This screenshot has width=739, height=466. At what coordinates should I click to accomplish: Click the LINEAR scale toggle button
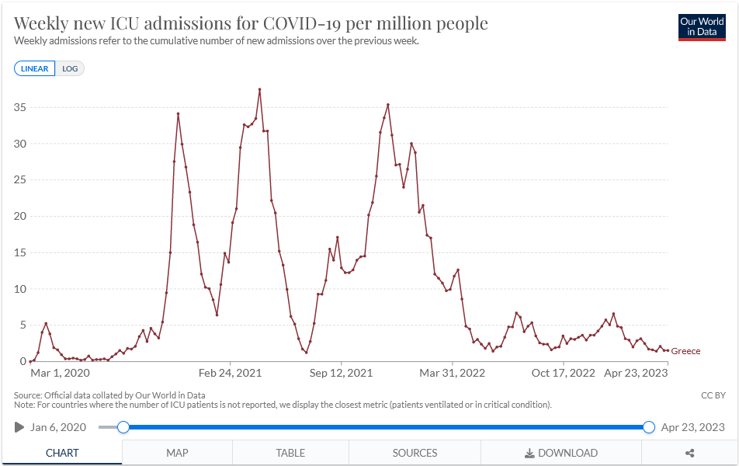tap(35, 68)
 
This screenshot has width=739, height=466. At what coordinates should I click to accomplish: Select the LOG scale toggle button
tap(71, 68)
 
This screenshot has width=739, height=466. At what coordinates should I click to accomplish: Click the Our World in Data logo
tap(702, 27)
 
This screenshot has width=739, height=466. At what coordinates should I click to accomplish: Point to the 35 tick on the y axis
tap(19, 107)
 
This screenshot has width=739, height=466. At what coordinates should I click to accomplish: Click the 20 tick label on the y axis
tap(19, 216)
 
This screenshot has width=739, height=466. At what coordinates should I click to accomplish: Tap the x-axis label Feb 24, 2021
tap(231, 373)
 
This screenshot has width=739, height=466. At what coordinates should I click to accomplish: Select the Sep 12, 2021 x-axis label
tap(342, 373)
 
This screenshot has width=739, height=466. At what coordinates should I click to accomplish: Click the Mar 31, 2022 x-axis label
tap(453, 373)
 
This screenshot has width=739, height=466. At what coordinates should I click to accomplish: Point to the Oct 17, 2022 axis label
tap(564, 373)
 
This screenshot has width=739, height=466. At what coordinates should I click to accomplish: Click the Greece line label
tap(685, 352)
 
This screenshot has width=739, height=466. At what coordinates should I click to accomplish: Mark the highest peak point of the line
tap(259, 89)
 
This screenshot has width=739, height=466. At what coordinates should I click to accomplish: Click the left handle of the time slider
tap(123, 427)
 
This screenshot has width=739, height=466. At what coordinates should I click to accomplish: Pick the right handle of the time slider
tap(649, 427)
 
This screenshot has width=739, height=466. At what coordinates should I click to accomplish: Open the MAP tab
tap(177, 453)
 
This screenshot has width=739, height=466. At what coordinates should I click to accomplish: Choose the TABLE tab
tap(290, 453)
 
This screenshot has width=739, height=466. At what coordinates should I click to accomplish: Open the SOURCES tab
tap(415, 453)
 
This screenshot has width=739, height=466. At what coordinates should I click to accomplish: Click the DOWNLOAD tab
tap(561, 453)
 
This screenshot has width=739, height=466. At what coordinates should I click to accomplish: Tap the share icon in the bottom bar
tap(689, 453)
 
